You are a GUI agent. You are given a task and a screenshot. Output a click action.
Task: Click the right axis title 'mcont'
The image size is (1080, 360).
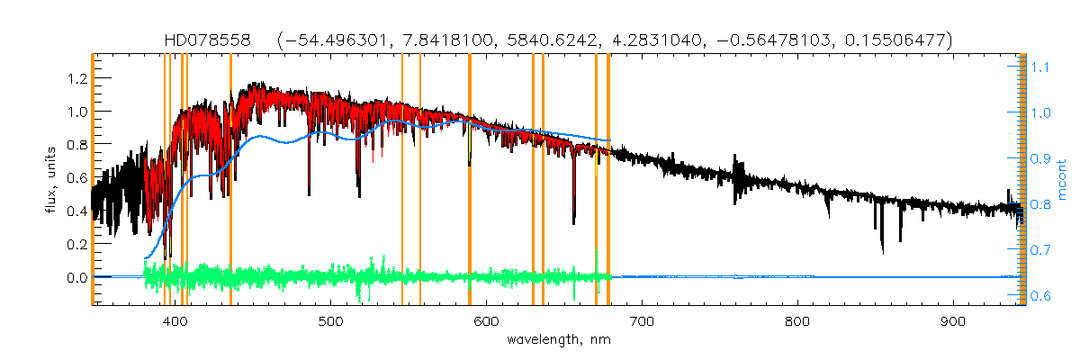tap(1061, 180)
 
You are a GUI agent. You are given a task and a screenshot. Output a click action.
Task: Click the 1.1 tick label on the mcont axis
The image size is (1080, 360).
tap(1042, 67)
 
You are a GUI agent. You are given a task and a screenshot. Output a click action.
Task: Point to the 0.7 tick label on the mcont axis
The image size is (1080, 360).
tap(1042, 249)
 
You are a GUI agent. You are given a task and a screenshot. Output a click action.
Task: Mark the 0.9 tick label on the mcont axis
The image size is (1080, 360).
tap(1042, 158)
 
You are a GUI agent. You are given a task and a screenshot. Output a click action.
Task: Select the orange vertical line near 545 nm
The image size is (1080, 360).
tap(401, 180)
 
